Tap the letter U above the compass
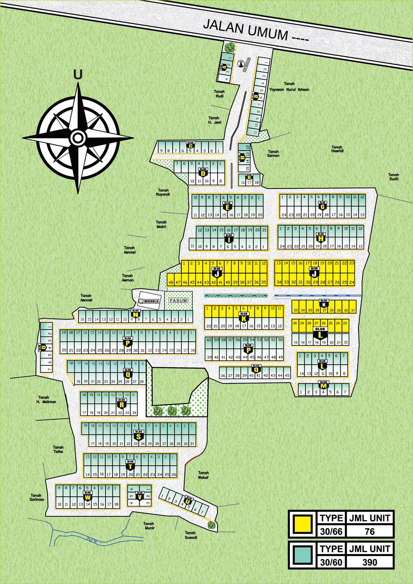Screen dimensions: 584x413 [x=78, y=75]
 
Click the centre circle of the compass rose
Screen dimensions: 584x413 [x=77, y=138]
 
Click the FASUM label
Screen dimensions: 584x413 [x=178, y=301]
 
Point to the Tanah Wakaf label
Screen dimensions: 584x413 [x=203, y=475]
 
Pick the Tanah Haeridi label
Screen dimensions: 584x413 [x=337, y=149]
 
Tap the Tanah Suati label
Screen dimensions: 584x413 [x=393, y=177]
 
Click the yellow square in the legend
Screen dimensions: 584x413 [x=302, y=524]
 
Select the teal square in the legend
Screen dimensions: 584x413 [x=302, y=555]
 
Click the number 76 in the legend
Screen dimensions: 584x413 [x=369, y=532]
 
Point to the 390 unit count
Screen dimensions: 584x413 [x=369, y=562]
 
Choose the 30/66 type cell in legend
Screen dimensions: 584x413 [x=331, y=532]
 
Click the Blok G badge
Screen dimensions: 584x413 [x=323, y=206]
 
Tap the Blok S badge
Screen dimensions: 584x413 [x=139, y=435]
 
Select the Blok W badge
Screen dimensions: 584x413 [x=88, y=496]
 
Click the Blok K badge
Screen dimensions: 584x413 [x=244, y=317]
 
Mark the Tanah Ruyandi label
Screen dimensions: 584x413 [x=163, y=192]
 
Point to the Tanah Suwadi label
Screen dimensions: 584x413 [x=191, y=535]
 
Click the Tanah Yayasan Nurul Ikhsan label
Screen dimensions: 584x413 [x=289, y=87]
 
